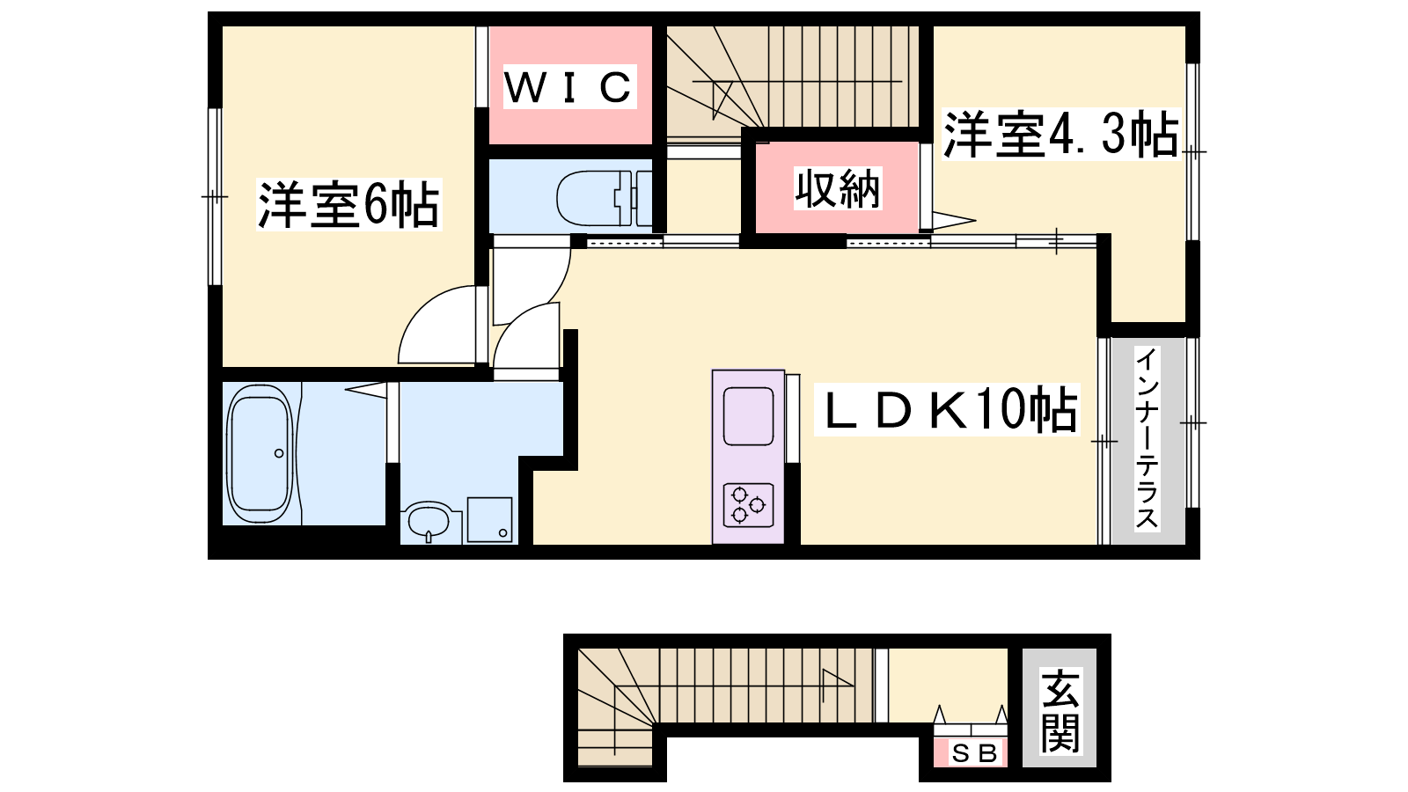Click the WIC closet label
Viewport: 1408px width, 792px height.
568,87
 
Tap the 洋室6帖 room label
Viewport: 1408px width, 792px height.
348,205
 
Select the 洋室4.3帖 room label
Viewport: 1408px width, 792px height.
1061,135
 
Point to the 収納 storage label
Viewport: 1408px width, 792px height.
837,188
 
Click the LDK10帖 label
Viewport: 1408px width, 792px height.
947,410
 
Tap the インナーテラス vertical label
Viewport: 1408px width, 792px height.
1148,439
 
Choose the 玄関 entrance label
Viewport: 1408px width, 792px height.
1060,710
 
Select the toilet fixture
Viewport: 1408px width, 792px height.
605,198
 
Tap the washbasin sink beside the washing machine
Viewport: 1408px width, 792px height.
429,521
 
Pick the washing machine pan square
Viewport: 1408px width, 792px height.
489,519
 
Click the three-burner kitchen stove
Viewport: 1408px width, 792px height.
748,505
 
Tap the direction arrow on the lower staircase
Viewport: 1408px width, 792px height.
837,686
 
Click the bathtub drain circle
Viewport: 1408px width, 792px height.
278,453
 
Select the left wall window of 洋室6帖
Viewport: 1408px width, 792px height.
215,197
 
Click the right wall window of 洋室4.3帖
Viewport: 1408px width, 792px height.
1192,151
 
